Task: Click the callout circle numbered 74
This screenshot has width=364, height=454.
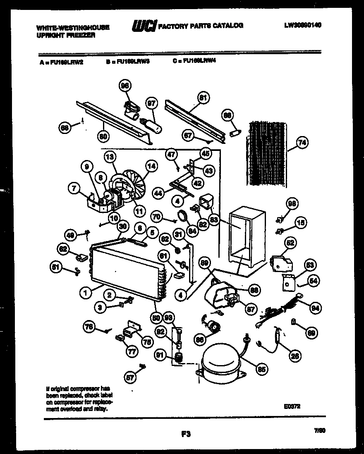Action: tap(302, 143)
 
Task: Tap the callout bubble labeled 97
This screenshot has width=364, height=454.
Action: tap(152, 103)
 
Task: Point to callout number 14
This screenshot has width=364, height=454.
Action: tap(151, 166)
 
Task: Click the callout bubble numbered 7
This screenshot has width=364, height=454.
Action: tap(74, 189)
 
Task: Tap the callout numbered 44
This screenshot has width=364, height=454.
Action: tap(158, 193)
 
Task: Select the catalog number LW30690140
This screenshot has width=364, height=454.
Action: tap(303, 25)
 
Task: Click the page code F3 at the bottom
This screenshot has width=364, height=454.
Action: tap(186, 434)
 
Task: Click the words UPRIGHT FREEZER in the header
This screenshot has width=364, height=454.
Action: tap(66, 36)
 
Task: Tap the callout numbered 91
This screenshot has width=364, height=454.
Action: tap(160, 354)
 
